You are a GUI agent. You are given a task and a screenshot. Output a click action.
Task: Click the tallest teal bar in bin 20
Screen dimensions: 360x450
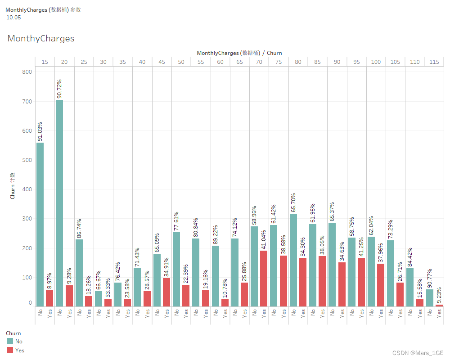59,203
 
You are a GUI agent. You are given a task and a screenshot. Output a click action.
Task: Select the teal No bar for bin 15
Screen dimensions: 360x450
40,225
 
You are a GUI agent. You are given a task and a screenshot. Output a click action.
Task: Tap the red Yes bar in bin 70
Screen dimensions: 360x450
264,279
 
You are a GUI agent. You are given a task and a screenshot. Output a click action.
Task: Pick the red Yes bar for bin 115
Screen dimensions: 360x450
439,305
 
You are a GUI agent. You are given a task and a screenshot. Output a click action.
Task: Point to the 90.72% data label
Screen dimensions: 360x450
59,89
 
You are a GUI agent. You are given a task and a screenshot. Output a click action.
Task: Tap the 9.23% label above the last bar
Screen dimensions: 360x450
439,295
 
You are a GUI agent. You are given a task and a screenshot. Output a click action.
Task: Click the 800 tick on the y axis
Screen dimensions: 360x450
27,72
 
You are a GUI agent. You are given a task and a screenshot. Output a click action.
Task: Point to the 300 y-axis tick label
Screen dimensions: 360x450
27,219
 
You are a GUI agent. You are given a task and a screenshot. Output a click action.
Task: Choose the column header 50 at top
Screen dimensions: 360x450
181,62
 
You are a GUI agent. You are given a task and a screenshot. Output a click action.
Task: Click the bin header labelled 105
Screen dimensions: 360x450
395,62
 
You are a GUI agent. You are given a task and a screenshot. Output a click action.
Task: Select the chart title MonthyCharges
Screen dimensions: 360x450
41,39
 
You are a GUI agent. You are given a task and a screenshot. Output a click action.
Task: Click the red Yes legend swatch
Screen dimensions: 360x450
10,350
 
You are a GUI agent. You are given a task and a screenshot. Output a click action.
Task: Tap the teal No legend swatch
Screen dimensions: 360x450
10,342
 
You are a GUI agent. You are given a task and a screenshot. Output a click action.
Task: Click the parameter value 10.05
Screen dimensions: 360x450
13,18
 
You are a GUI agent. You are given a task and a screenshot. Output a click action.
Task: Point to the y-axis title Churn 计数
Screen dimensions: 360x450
13,185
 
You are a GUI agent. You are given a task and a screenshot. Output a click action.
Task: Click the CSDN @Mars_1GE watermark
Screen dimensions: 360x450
418,353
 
